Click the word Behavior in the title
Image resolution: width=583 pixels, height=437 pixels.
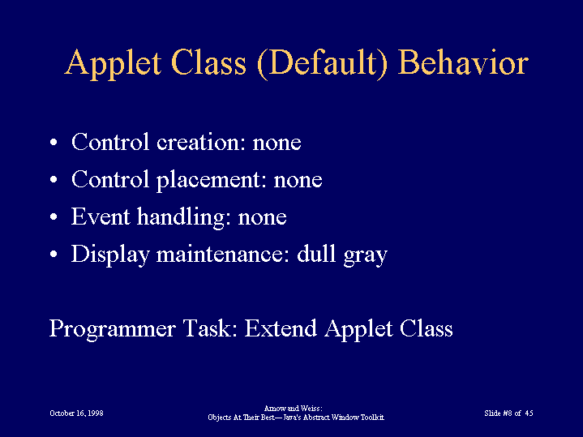[x=463, y=62]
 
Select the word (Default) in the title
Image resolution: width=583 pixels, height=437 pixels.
[x=322, y=64]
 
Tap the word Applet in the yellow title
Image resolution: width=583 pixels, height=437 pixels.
[x=113, y=64]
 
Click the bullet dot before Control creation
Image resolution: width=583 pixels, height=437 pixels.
[x=54, y=143]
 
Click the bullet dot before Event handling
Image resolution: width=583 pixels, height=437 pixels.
[x=54, y=216]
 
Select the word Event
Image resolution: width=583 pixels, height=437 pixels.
[x=101, y=216]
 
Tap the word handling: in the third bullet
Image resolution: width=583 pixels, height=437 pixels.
[x=184, y=218]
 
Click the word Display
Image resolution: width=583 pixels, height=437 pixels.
[x=110, y=255]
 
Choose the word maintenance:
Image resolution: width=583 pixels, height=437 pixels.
[x=223, y=254]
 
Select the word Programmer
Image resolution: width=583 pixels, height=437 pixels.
[x=112, y=329]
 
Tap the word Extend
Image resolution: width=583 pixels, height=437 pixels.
[x=281, y=328]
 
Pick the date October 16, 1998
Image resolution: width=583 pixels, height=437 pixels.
[x=76, y=413]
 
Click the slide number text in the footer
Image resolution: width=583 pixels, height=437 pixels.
[x=508, y=413]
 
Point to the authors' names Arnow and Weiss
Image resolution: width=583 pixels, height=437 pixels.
[x=293, y=409]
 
